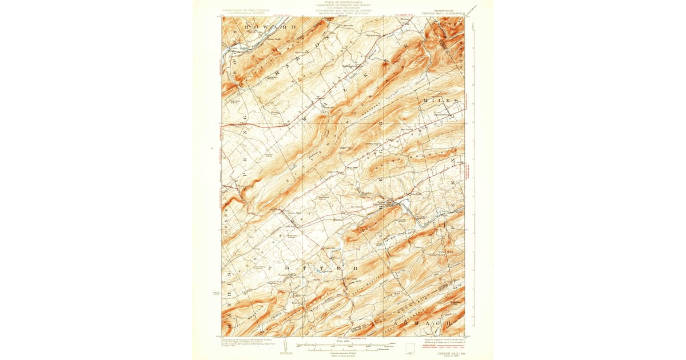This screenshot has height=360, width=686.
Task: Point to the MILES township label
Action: click(441, 101)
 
